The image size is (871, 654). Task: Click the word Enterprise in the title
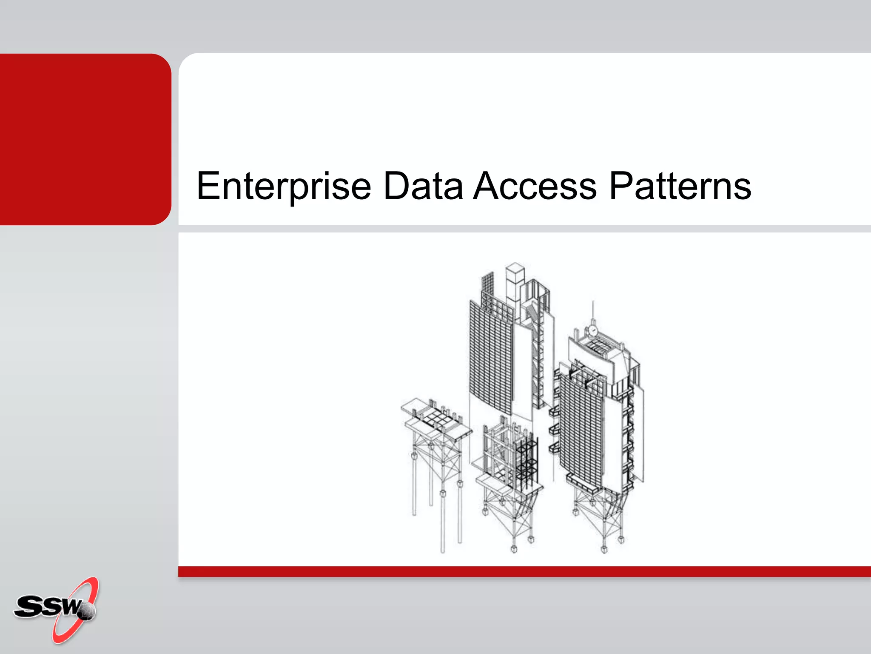[x=284, y=186]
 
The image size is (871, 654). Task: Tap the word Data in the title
[x=423, y=186]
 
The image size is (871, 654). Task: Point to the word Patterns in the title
[x=680, y=186]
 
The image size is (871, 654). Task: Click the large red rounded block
[x=85, y=139]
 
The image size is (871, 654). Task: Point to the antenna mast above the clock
[x=593, y=311]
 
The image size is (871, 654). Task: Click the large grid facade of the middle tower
[x=491, y=358]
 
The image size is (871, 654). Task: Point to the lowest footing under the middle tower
[x=514, y=549]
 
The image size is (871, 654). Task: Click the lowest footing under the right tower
[x=604, y=549]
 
